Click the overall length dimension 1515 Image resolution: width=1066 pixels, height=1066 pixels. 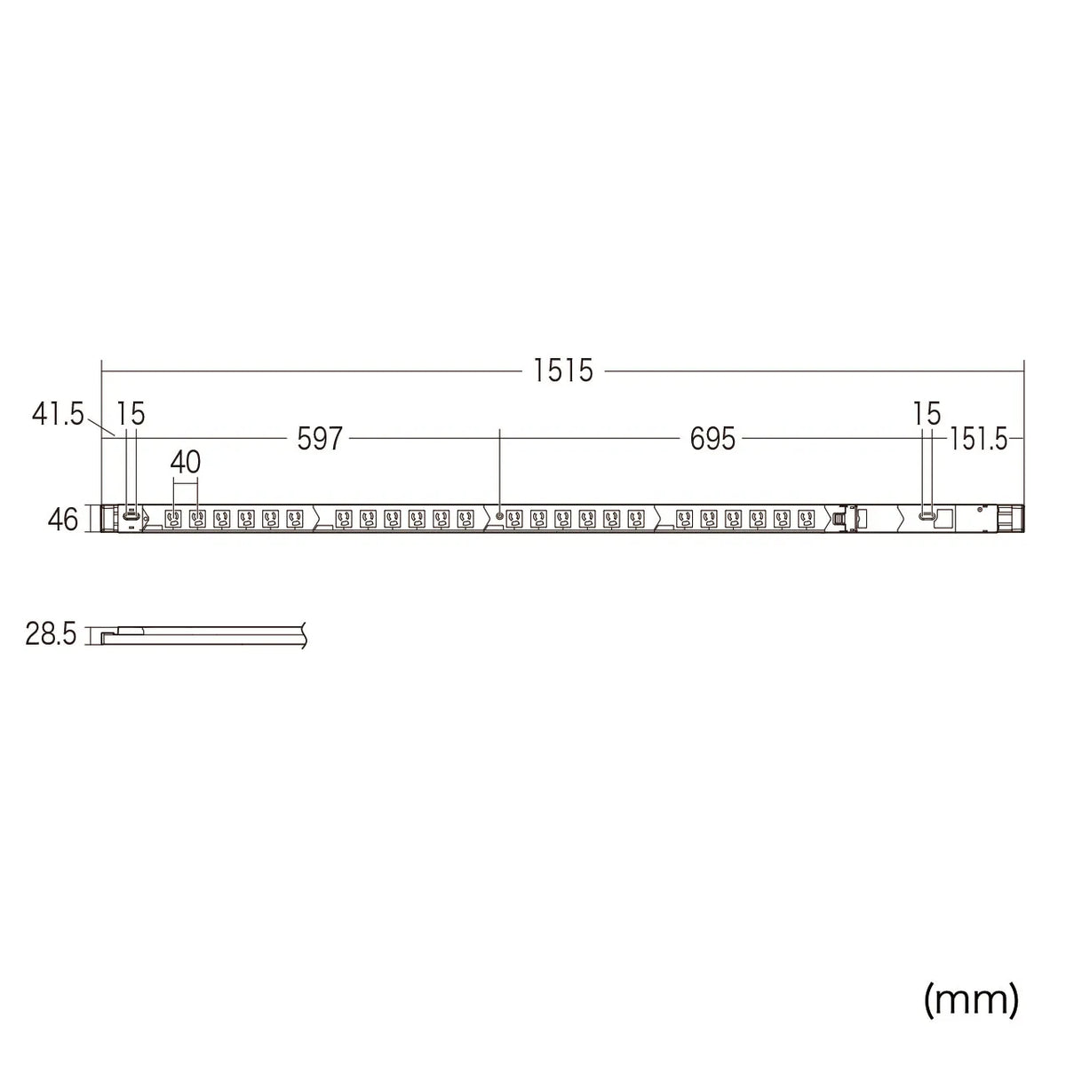(562, 370)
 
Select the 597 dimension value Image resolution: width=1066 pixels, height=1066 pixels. (320, 439)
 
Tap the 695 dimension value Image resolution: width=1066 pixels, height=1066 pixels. (712, 439)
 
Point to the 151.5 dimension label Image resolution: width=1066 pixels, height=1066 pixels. (979, 440)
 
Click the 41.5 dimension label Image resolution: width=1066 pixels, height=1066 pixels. (58, 414)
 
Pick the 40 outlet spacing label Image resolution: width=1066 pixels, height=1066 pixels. (186, 462)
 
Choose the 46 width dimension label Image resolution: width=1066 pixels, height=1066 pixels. (62, 520)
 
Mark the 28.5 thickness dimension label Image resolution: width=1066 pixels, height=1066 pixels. (51, 633)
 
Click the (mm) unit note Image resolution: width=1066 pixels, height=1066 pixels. (972, 1014)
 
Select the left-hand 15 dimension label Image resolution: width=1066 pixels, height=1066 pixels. (131, 413)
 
